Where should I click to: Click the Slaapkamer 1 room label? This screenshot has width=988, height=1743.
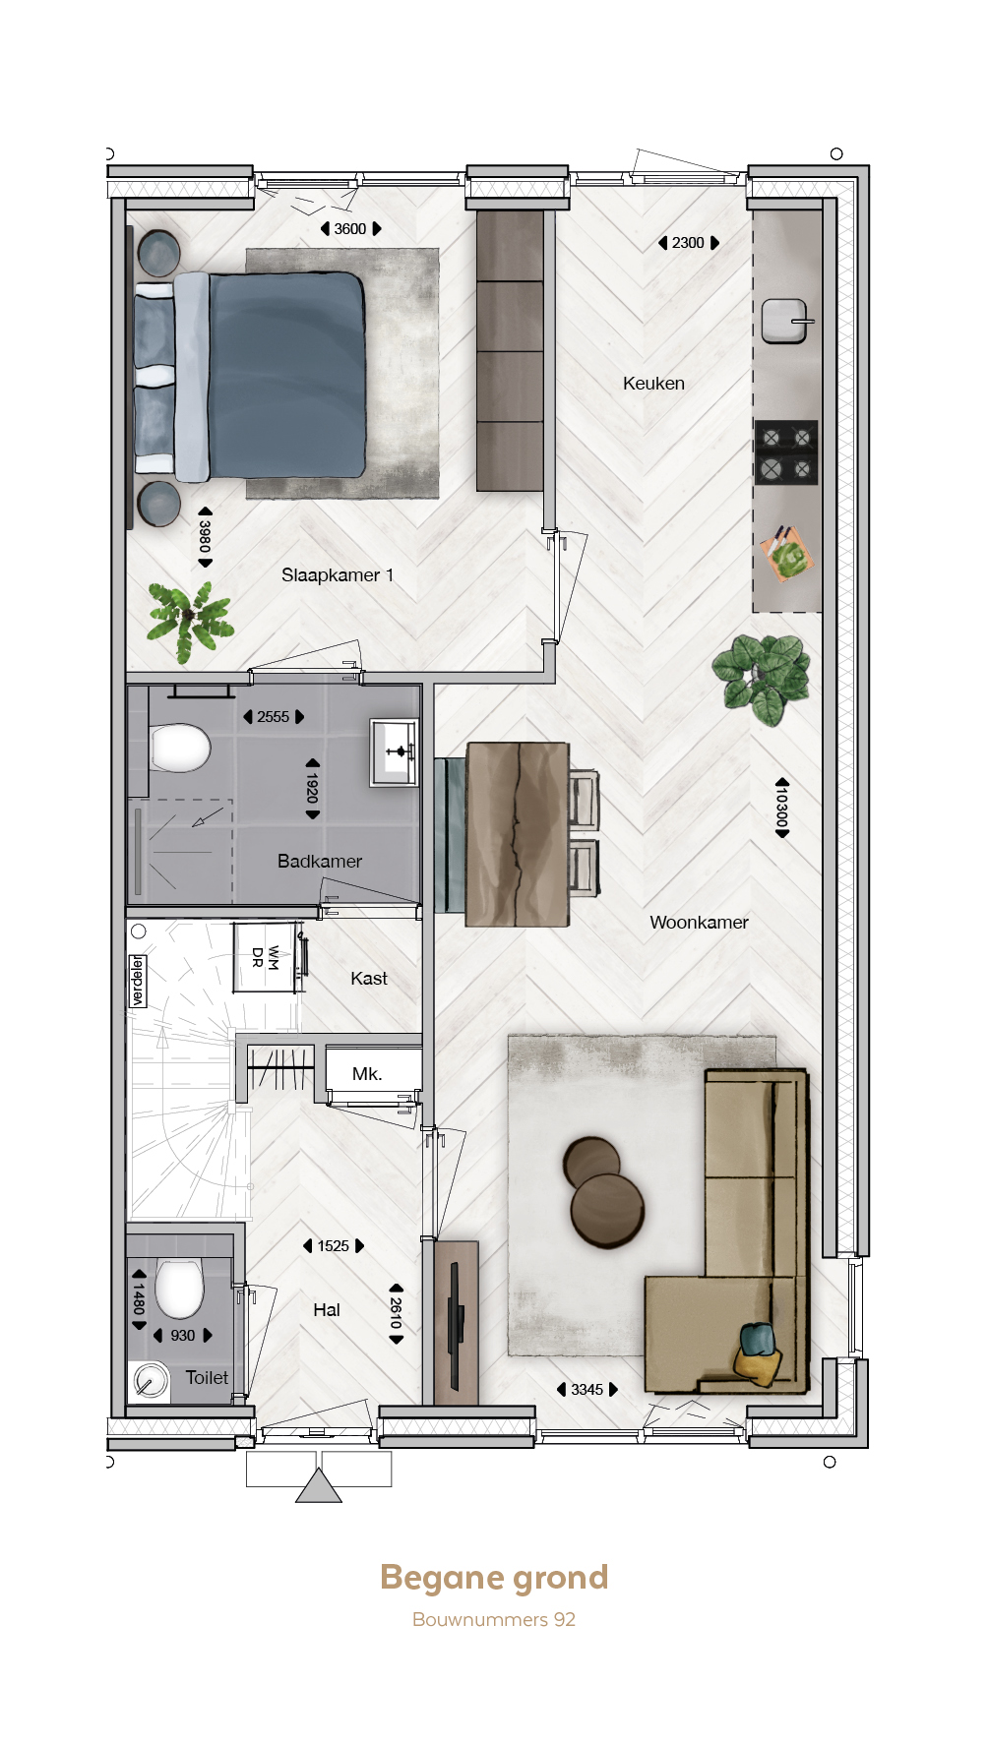click(x=338, y=575)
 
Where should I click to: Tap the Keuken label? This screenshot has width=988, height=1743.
click(x=653, y=384)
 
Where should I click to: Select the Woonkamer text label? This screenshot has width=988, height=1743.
click(x=699, y=923)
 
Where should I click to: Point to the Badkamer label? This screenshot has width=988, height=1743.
click(x=320, y=862)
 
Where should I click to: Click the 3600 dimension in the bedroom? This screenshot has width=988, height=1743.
click(x=350, y=229)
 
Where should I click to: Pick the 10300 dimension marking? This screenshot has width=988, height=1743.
click(x=782, y=808)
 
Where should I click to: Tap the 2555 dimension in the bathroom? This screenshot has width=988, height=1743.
click(x=274, y=717)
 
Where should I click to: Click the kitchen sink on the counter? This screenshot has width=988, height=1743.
click(x=785, y=321)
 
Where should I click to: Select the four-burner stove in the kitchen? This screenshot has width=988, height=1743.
click(x=786, y=452)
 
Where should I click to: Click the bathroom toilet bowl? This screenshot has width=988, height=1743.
click(x=180, y=748)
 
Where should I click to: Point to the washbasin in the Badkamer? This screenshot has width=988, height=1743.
click(x=395, y=752)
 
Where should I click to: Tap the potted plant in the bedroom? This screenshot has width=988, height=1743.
click(x=190, y=621)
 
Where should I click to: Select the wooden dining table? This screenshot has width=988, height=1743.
click(x=518, y=834)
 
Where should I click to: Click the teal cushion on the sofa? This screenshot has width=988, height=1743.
click(x=756, y=1339)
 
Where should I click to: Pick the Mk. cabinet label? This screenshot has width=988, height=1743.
click(x=367, y=1074)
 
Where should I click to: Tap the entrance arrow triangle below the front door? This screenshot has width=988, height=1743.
click(x=319, y=1485)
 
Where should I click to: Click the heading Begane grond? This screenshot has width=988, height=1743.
click(x=494, y=1579)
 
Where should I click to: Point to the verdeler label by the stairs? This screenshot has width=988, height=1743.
click(x=138, y=981)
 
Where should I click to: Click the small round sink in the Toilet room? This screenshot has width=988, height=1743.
click(x=150, y=1381)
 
